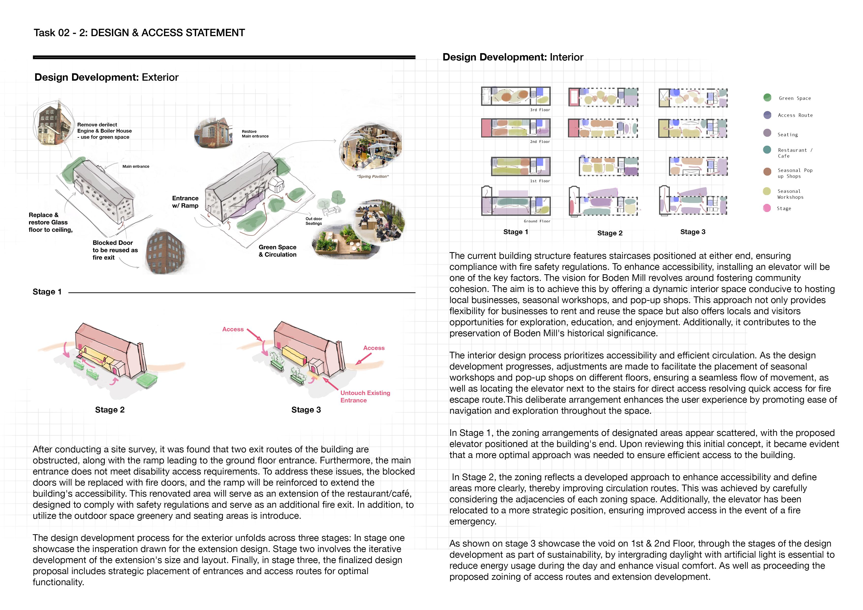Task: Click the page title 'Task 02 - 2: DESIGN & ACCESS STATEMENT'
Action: [x=139, y=33]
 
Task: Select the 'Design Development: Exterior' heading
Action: [x=106, y=77]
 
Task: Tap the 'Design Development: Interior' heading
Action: [x=513, y=57]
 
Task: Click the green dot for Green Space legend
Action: [x=767, y=98]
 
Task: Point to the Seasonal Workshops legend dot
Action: [x=767, y=191]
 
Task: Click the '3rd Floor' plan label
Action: [x=540, y=110]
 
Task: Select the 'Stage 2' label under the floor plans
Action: [x=610, y=233]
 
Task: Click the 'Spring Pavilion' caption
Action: [x=372, y=177]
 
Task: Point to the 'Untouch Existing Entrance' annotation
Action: [x=365, y=396]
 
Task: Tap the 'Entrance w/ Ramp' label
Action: [x=185, y=202]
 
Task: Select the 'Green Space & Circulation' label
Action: [x=277, y=251]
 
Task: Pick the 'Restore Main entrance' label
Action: [x=255, y=134]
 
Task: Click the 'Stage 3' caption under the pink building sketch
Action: [x=306, y=410]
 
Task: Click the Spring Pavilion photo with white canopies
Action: [x=370, y=147]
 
